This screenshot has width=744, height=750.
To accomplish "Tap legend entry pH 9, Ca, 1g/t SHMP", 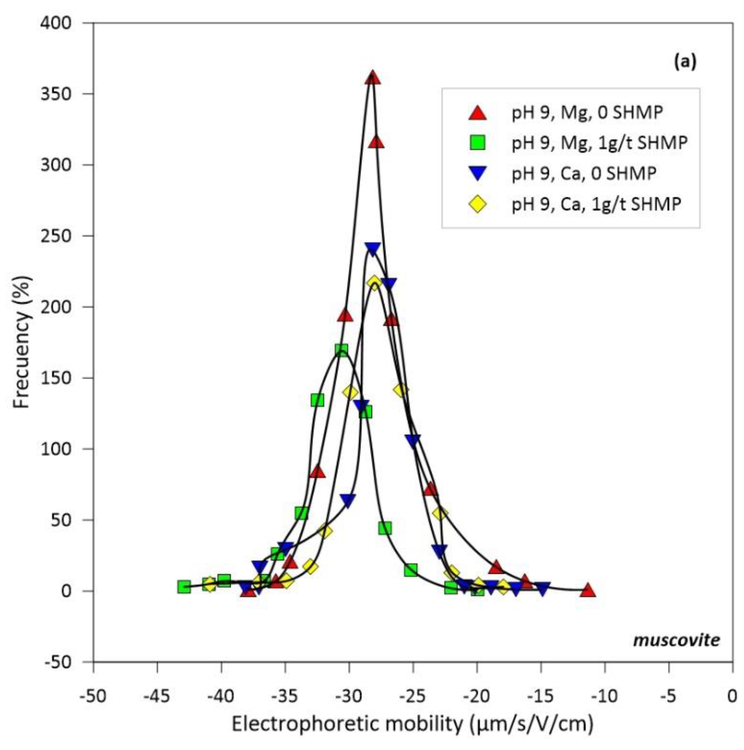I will [x=596, y=203].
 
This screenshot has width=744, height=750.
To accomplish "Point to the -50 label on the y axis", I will [x=56, y=662].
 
